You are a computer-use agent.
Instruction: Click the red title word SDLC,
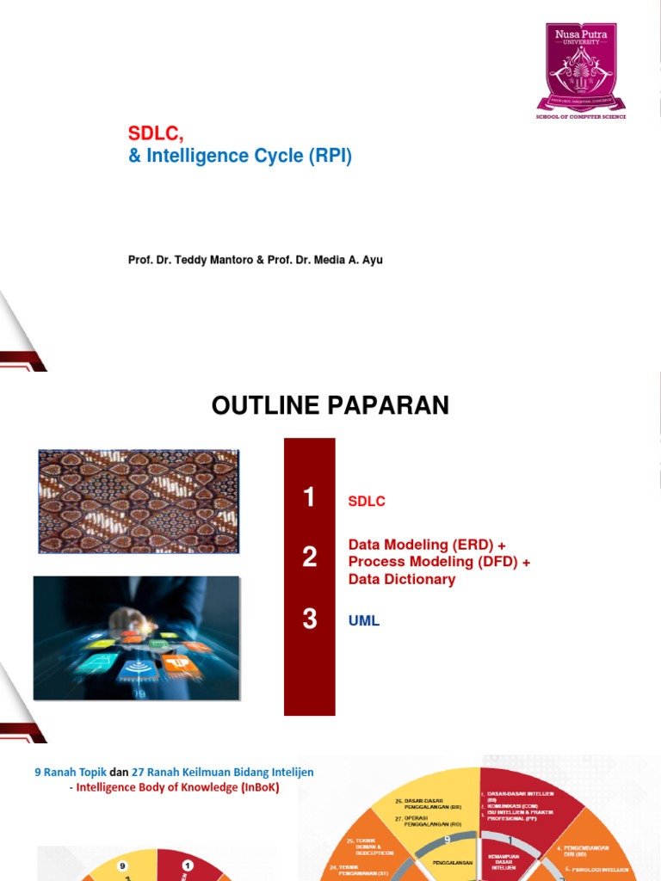(157, 133)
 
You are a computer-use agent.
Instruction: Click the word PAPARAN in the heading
(395, 405)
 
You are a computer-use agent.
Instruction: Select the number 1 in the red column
(310, 497)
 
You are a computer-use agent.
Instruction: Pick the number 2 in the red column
(310, 558)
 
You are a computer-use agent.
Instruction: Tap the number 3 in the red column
(310, 619)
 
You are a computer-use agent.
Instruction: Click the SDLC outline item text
(367, 502)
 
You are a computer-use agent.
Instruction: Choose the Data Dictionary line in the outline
(401, 579)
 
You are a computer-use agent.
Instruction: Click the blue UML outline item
(363, 620)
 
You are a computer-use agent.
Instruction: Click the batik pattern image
(139, 501)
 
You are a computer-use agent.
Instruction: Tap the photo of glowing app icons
(137, 638)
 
